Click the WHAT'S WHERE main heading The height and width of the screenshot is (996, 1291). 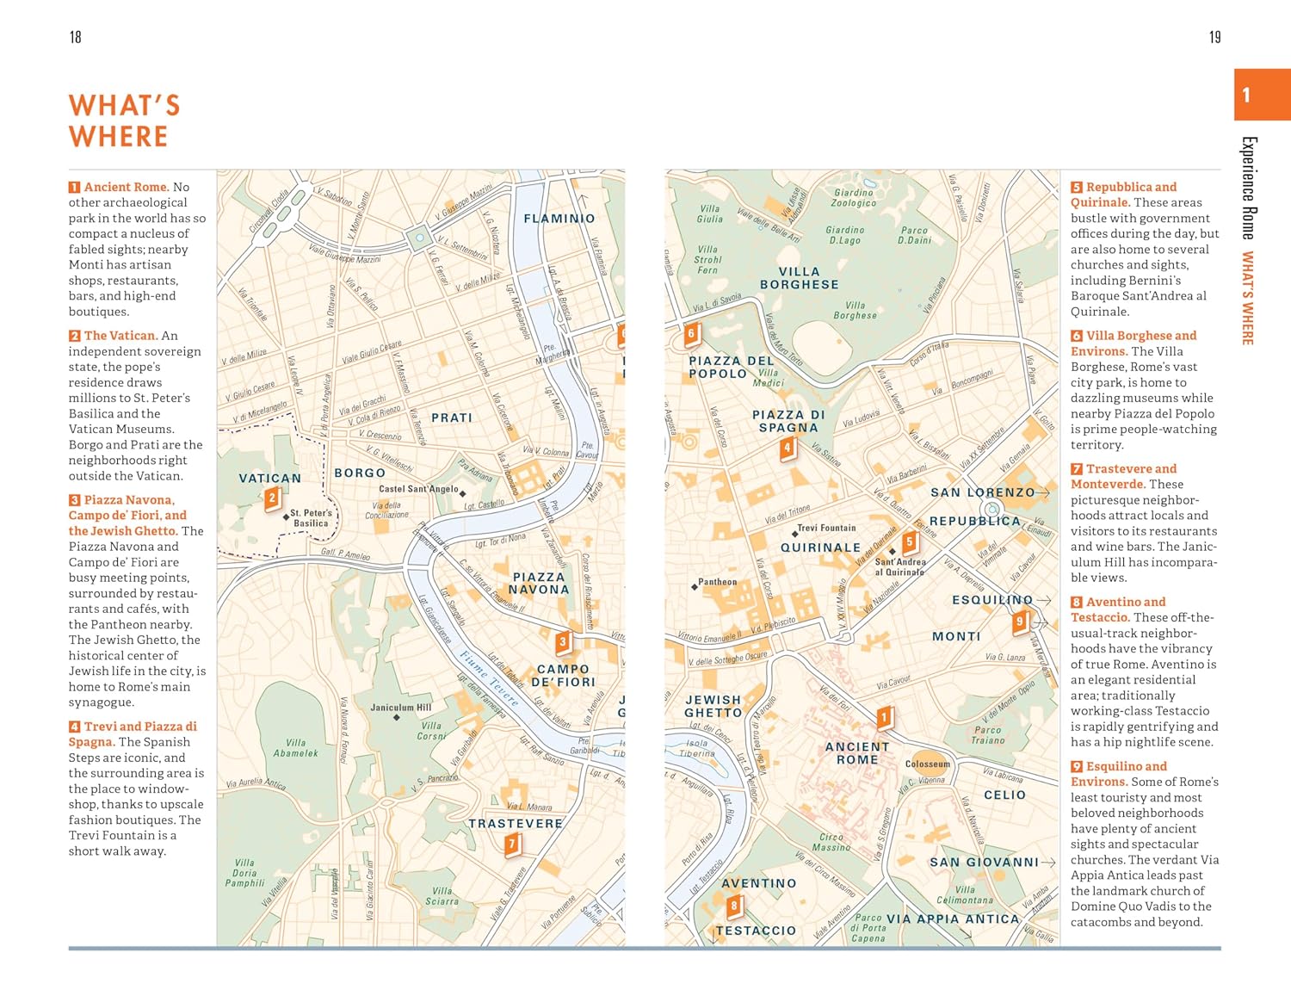pos(124,121)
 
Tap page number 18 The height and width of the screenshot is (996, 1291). pos(76,37)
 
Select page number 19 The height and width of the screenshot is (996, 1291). pos(1214,37)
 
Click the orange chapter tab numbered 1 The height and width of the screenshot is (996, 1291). pos(1262,95)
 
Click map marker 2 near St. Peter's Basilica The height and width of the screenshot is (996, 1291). pos(272,498)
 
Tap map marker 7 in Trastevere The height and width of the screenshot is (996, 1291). pos(512,844)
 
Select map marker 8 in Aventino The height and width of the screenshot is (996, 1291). pos(733,906)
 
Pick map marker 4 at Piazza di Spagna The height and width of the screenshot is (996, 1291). pos(787,449)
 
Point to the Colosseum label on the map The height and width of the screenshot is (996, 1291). pos(927,764)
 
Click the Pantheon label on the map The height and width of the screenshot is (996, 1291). pos(717,582)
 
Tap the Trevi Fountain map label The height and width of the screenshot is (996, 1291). pos(825,528)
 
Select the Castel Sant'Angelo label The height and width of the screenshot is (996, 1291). pos(418,489)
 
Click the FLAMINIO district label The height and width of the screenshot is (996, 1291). pos(559,219)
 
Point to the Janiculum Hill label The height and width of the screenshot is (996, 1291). pos(400,708)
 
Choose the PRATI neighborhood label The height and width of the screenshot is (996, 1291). pos(452,418)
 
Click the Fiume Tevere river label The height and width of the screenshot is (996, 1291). pos(488,679)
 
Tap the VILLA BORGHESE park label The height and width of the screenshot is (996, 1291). pos(799,278)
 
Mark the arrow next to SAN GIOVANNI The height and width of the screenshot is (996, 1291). pos(1047,862)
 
